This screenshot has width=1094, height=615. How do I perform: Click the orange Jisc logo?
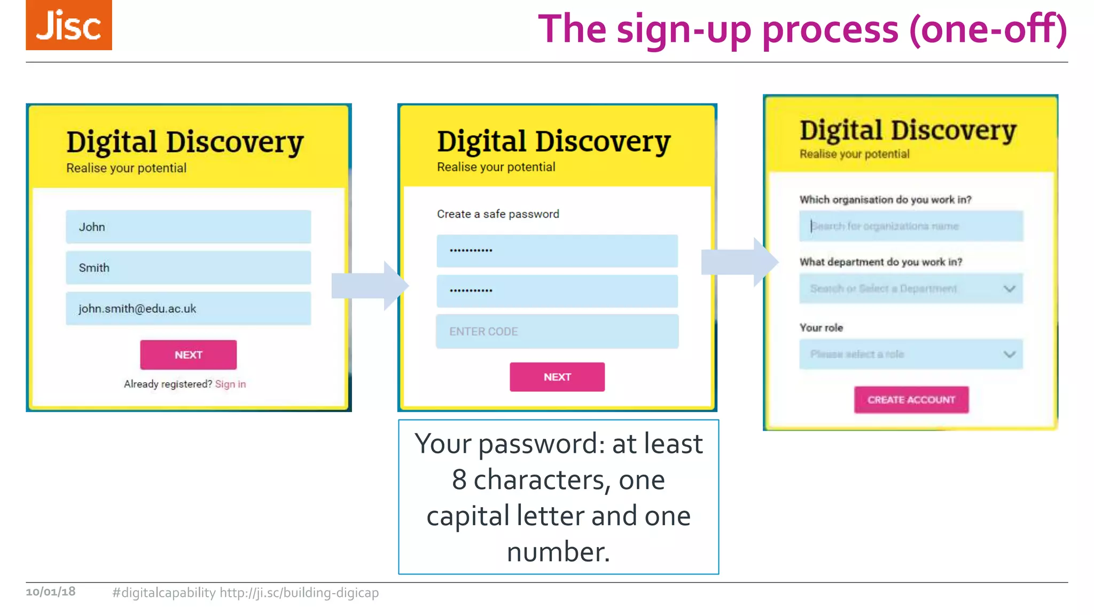click(x=69, y=25)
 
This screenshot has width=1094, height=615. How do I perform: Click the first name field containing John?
click(x=188, y=227)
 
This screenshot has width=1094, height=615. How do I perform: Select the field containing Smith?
click(x=188, y=267)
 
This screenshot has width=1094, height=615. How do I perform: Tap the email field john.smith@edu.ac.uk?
click(x=188, y=309)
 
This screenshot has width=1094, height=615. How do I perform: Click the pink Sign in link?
click(x=230, y=384)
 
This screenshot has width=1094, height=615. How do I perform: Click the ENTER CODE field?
click(x=557, y=332)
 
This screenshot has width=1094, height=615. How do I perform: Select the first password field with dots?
click(x=557, y=250)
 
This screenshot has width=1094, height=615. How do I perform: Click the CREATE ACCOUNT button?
click(x=911, y=400)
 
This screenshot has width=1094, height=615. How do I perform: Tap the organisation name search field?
click(x=911, y=226)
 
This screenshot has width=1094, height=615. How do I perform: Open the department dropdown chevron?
click(x=1009, y=289)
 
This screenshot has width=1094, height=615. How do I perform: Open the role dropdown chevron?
click(x=1009, y=354)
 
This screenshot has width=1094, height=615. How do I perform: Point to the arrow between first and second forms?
click(x=369, y=286)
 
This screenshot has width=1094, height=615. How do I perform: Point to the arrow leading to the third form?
click(x=739, y=262)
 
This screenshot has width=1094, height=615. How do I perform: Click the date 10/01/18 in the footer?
click(x=51, y=592)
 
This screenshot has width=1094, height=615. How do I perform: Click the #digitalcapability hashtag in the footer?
click(x=163, y=593)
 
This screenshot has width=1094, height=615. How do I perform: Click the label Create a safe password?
click(x=498, y=214)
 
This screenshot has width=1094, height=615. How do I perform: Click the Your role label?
click(x=821, y=328)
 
